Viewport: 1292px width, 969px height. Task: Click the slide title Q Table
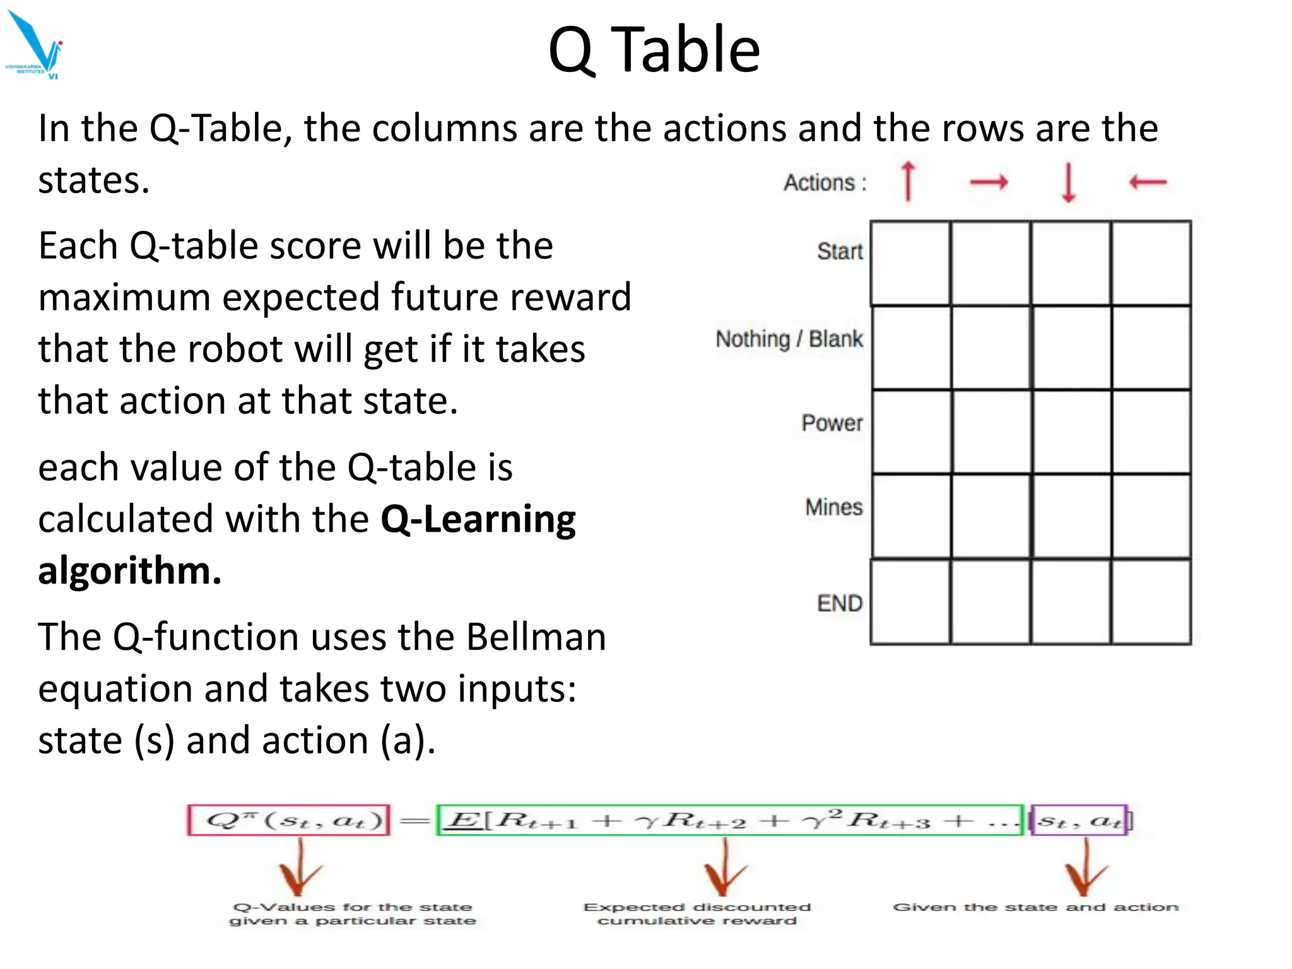coord(654,50)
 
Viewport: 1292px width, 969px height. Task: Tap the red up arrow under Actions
coord(908,181)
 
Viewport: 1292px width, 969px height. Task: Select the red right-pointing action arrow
coord(989,182)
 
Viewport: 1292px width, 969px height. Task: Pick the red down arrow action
coord(1068,182)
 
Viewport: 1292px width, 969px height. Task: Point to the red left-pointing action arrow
coord(1148,182)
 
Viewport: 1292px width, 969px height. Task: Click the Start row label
coord(840,251)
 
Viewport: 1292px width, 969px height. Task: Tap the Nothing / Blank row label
coord(789,339)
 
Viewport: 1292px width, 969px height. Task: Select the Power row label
coord(831,423)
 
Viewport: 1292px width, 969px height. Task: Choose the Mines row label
coord(833,507)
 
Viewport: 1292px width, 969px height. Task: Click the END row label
coord(839,603)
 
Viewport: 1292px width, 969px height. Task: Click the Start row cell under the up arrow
coord(910,263)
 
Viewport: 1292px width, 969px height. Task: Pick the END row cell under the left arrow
coord(1151,602)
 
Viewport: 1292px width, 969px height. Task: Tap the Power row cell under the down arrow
coord(1071,432)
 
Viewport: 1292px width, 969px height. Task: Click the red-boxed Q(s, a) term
coord(289,820)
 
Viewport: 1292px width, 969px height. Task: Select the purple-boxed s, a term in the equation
coord(1079,820)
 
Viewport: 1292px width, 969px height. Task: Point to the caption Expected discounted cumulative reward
coord(697,913)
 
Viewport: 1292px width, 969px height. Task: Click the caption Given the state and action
coord(1035,907)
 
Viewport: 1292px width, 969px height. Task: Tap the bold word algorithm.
coord(129,570)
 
